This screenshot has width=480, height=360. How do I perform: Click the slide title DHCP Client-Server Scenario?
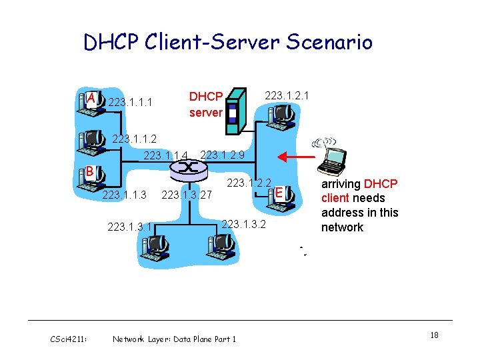point(228,43)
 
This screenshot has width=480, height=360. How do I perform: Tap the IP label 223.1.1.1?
point(131,103)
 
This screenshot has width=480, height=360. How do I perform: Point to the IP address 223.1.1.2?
point(135,139)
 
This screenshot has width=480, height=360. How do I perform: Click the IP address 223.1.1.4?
point(166,156)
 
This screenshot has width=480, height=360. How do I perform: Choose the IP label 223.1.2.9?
point(223,155)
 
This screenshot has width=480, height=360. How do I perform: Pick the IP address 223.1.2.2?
point(249,183)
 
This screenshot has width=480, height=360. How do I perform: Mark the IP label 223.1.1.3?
point(124,195)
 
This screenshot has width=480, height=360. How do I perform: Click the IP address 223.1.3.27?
point(187,195)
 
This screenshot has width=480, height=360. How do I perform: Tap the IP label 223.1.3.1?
point(129,227)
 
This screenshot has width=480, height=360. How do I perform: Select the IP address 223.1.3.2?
point(243,224)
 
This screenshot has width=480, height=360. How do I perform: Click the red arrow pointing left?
point(296,157)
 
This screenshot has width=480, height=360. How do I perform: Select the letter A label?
point(91,99)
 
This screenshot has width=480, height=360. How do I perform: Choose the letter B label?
point(89,171)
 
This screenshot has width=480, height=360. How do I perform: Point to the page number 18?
point(434,335)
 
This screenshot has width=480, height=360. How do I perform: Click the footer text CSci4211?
point(69,339)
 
